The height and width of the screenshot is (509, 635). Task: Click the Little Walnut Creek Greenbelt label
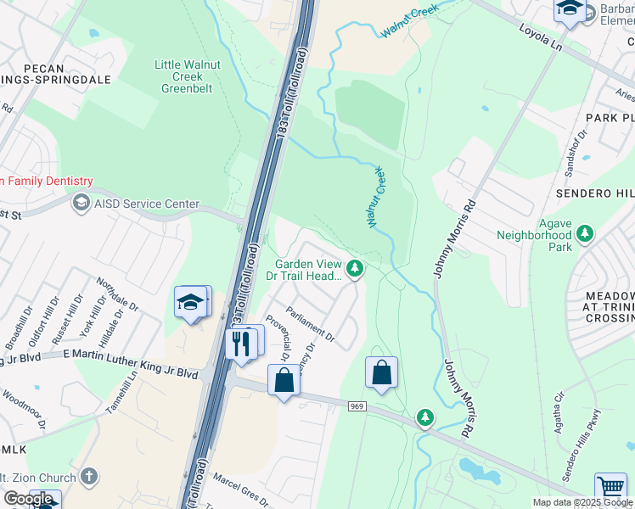[x=183, y=76]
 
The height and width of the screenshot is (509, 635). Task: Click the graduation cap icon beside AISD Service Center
[x=81, y=203]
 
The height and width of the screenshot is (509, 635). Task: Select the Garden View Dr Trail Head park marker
[x=356, y=270]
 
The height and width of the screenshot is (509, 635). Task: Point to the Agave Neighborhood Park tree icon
[x=584, y=232]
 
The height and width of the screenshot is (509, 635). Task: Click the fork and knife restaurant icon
[x=241, y=344]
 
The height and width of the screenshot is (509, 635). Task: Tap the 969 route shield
[x=357, y=407]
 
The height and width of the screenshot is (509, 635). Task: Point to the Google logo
[x=29, y=499]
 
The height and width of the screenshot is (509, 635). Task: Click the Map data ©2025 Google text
[x=583, y=502]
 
